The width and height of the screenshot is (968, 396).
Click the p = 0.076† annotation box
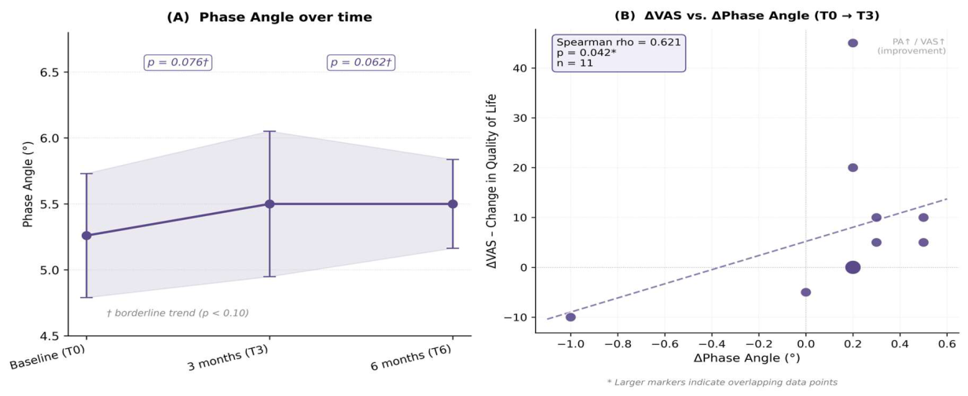[178, 62]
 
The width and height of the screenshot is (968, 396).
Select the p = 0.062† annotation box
[361, 62]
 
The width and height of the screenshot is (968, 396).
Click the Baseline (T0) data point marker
[86, 236]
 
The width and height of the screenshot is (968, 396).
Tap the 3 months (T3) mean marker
[269, 203]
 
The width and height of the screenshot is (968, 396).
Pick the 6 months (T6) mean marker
[453, 203]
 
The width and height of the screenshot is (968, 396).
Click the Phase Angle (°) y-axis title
[27, 184]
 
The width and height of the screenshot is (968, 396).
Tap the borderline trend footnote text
[178, 313]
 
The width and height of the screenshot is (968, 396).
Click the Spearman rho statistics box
[618, 53]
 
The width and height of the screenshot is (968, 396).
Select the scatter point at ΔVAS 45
[852, 42]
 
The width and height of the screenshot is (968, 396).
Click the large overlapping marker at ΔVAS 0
[852, 267]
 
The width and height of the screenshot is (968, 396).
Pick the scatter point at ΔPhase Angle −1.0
[570, 317]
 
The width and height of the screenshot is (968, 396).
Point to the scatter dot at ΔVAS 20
[852, 167]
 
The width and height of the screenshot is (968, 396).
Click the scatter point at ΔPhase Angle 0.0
[805, 292]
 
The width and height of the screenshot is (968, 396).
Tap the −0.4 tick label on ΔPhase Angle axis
[711, 344]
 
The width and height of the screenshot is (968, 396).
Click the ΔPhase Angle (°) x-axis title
[746, 358]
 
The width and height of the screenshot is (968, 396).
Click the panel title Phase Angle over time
[269, 17]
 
